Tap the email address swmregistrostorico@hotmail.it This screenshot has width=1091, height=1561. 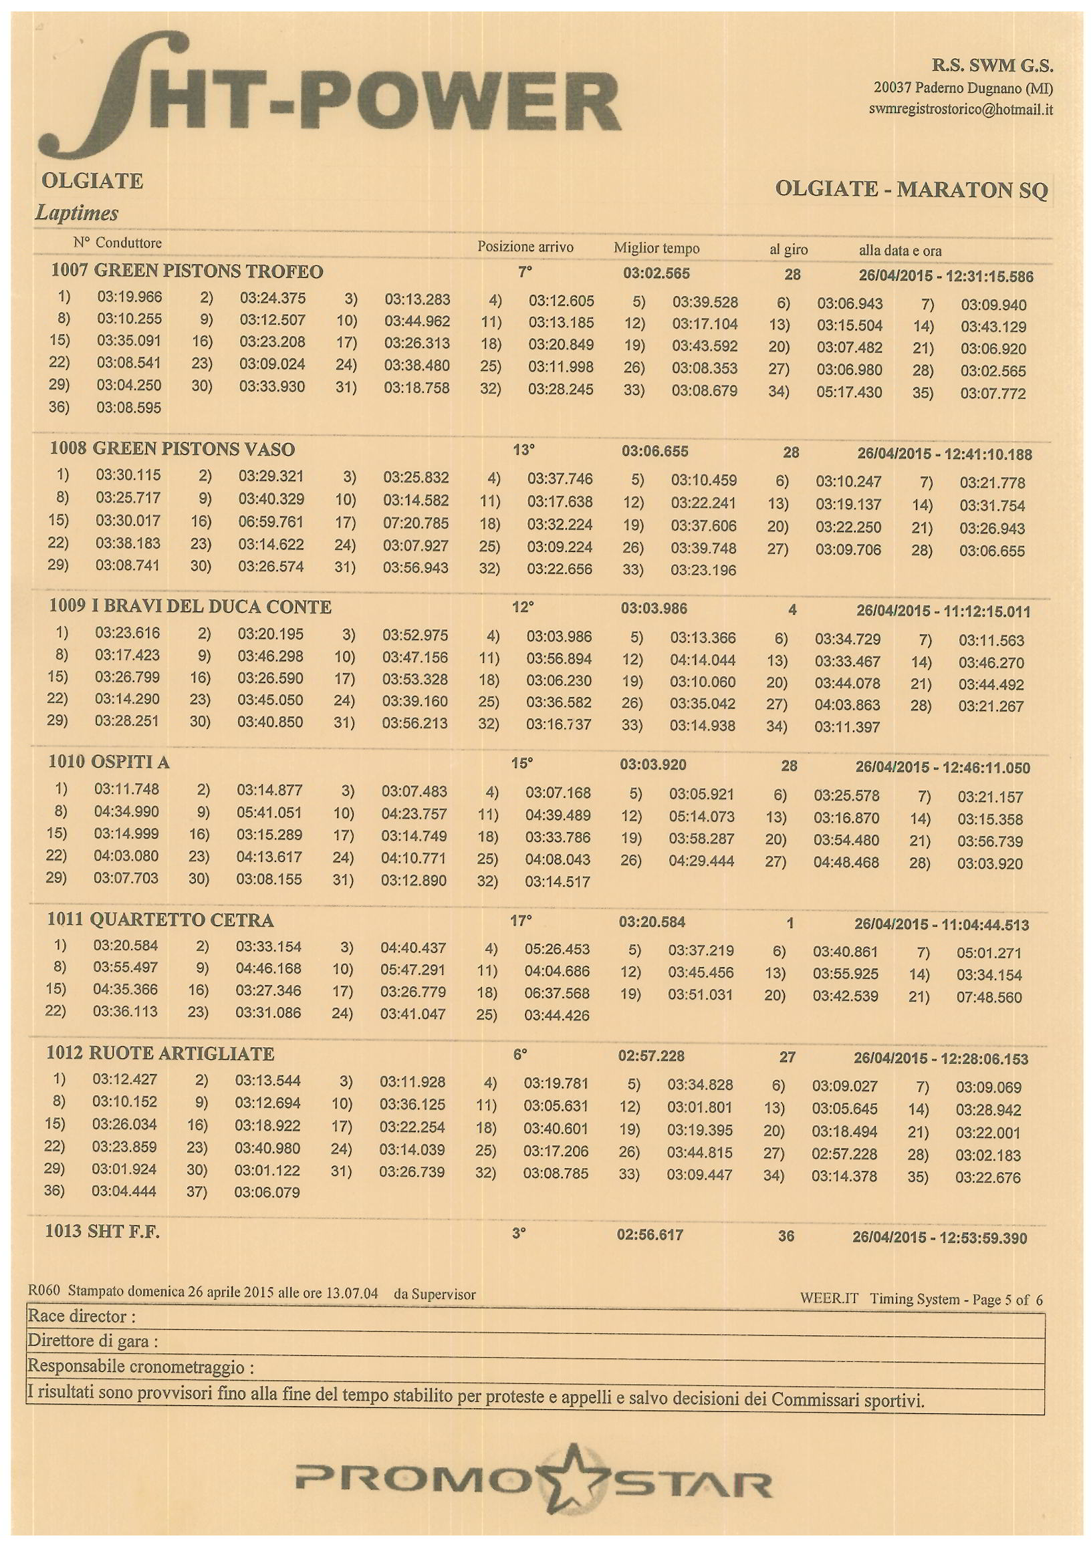tap(961, 110)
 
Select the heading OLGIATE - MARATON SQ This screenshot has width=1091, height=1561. tap(911, 189)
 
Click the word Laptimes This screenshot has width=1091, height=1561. tap(77, 213)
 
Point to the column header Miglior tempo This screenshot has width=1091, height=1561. tap(656, 248)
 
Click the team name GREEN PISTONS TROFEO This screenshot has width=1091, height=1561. tap(208, 272)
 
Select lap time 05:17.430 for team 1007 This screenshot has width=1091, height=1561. tap(849, 392)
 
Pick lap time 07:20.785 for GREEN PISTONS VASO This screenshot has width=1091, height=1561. tap(415, 523)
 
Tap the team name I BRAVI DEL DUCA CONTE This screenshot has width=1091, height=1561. tap(211, 607)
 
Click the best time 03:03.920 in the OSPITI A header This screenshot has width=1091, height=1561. tap(652, 765)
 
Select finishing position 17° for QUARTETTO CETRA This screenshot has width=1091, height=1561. tap(520, 921)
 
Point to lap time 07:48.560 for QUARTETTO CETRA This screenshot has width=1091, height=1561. tap(989, 998)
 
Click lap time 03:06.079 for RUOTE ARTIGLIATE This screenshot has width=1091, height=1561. tap(267, 1192)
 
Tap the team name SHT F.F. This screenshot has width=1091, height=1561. tap(124, 1232)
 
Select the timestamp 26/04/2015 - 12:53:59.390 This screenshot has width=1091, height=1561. tap(939, 1238)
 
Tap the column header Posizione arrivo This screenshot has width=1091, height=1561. tap(524, 247)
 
